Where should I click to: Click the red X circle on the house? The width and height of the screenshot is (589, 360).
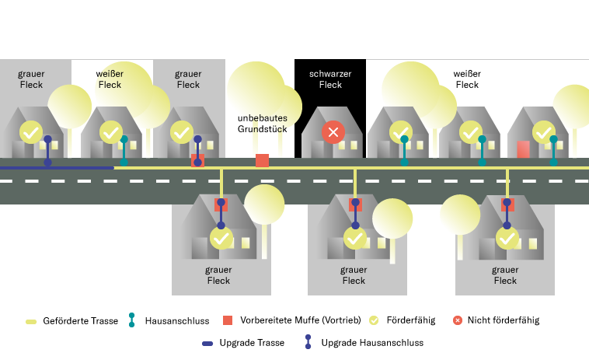[333, 132]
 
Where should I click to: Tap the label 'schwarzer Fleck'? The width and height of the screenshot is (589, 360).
[330, 79]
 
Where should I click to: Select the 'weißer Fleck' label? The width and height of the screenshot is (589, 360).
[110, 79]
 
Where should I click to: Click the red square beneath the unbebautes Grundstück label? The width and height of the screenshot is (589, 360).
[263, 160]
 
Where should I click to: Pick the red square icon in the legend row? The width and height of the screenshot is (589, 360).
[228, 320]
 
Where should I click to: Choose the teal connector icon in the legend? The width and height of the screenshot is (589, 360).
[131, 320]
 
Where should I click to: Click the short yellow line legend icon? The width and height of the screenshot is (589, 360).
[31, 321]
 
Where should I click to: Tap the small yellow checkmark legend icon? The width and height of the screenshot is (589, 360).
[374, 320]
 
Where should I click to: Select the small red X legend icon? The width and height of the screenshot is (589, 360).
[458, 320]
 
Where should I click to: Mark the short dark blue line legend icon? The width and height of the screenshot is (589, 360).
[207, 344]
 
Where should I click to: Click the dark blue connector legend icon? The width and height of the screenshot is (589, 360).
[308, 341]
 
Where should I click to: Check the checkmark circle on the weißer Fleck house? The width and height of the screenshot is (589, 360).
[111, 132]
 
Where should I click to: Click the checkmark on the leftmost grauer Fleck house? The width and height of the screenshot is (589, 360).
[31, 132]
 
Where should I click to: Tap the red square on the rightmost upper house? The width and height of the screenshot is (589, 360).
[523, 149]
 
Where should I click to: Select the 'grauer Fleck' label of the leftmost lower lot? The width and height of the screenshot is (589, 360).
[218, 275]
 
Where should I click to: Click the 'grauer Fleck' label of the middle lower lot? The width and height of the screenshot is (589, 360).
[354, 275]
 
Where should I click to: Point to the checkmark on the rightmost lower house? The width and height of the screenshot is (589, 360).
[507, 238]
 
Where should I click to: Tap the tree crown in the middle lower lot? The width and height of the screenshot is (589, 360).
[392, 218]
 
